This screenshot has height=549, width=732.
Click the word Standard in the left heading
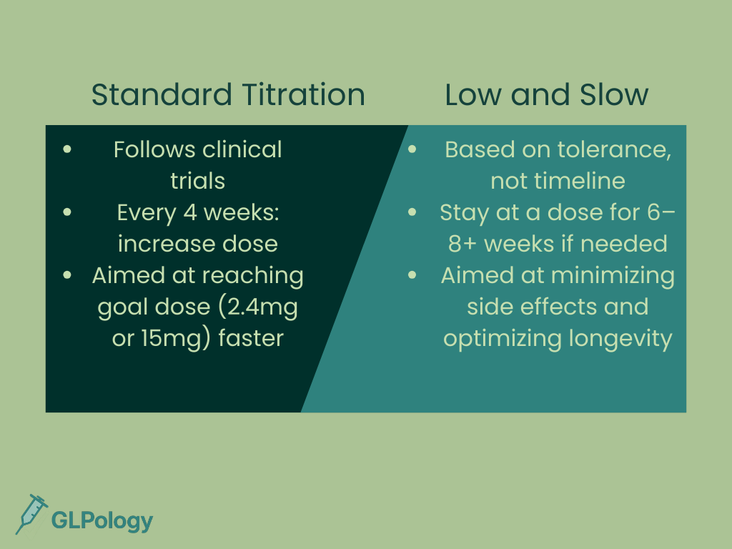(162, 94)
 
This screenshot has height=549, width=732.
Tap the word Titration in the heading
(303, 94)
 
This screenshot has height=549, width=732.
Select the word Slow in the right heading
(614, 94)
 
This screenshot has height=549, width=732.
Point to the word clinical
(242, 150)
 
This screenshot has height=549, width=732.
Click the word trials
(197, 181)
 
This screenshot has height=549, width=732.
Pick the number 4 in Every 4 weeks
(190, 213)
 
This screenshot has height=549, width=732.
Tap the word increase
(164, 244)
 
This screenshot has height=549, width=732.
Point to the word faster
(251, 338)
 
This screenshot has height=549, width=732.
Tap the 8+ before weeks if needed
(463, 244)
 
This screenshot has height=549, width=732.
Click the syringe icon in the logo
(31, 514)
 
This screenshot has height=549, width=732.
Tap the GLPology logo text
(102, 521)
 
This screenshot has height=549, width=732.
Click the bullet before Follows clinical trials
(67, 149)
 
